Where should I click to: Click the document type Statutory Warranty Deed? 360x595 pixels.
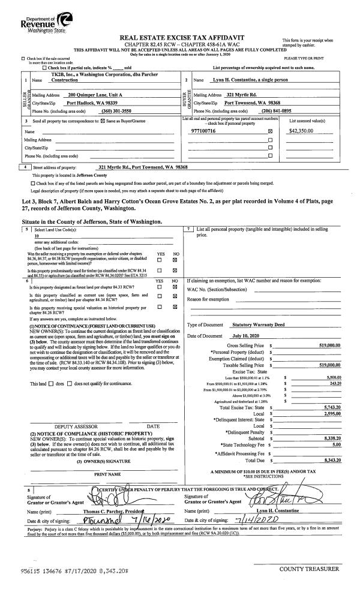point(262,324)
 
